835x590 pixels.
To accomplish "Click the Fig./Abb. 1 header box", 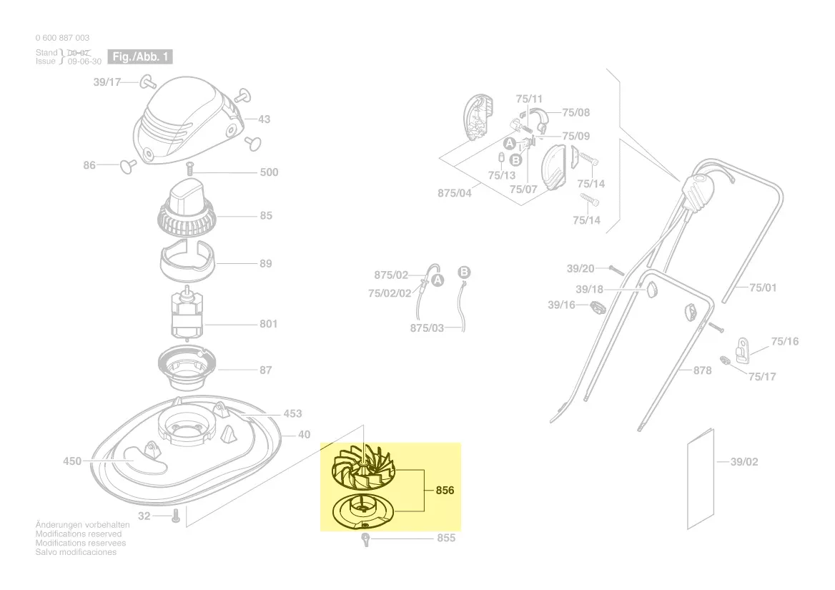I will point(140,56).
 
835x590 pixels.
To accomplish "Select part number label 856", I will point(445,491).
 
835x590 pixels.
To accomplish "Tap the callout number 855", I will point(446,538).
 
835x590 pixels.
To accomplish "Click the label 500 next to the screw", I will point(269,172).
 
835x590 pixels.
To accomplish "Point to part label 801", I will point(268,324).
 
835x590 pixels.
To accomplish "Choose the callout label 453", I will point(292,413).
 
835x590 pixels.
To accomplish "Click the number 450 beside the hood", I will point(72,461).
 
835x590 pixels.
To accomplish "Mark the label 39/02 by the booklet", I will point(744,462).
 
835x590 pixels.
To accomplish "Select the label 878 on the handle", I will point(702,370).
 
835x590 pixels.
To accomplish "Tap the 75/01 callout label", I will point(762,287).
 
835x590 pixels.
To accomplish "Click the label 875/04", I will point(455,193).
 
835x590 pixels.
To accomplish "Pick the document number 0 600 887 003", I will point(62,38).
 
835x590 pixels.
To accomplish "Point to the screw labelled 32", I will point(175,515).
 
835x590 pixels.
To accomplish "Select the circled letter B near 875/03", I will point(463,272).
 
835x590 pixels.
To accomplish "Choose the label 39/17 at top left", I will point(107,82).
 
